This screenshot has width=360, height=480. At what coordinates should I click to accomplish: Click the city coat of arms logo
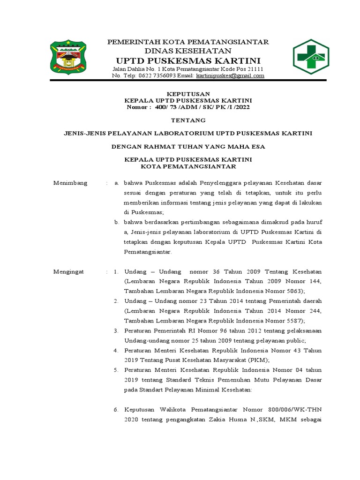click(68, 58)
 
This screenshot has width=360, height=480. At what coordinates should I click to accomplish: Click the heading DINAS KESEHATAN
click(188, 51)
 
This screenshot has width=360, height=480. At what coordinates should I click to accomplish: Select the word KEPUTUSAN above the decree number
click(188, 94)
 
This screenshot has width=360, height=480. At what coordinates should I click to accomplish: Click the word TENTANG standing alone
click(188, 120)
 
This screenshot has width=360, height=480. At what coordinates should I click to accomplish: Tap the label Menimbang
click(70, 183)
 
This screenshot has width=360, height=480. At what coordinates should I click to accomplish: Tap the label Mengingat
click(69, 272)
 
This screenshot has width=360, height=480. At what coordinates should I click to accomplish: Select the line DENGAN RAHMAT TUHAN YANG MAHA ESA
click(188, 147)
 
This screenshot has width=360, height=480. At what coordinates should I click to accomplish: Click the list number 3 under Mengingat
click(116, 331)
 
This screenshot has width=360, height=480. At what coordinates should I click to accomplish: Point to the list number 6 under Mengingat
click(116, 410)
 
